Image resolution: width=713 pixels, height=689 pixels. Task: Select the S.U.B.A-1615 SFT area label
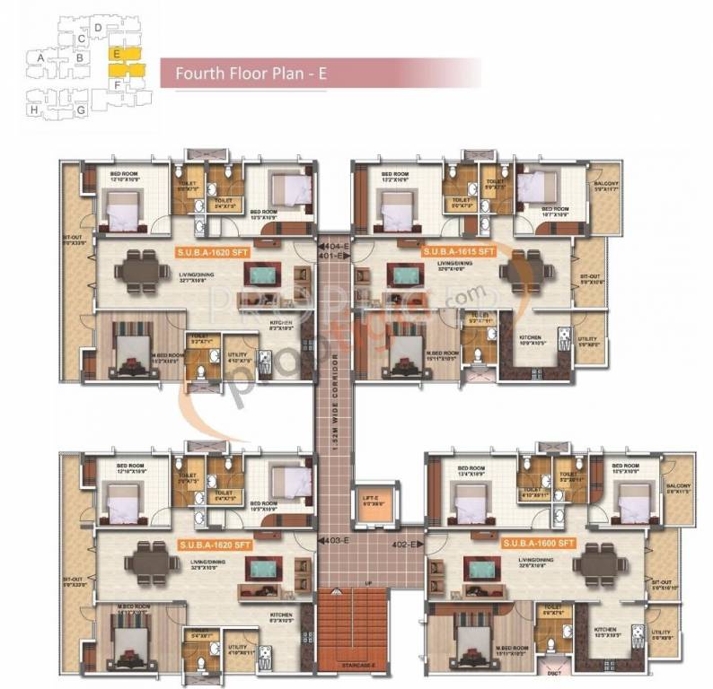pyautogui.click(x=460, y=252)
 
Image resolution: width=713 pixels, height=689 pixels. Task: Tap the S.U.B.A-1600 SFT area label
pyautogui.click(x=536, y=544)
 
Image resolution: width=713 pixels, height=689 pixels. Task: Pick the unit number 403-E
pyautogui.click(x=334, y=539)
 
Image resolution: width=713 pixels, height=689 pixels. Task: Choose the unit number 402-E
pyautogui.click(x=406, y=544)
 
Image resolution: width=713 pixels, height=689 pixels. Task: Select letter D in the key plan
pyautogui.click(x=98, y=30)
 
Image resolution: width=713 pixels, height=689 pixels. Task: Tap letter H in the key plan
pyautogui.click(x=34, y=109)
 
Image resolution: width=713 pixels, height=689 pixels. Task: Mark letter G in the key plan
pyautogui.click(x=81, y=109)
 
